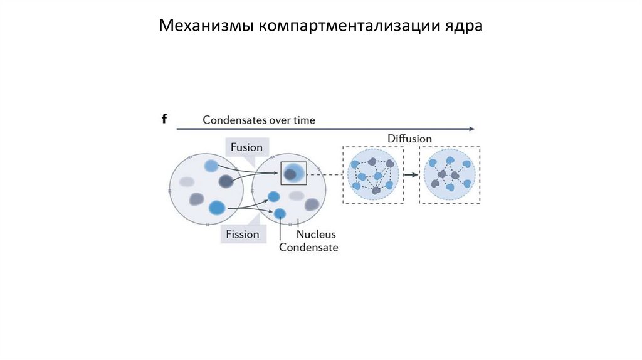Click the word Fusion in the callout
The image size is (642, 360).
point(246,147)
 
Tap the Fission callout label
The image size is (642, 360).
point(242,234)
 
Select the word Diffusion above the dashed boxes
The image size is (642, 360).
point(409,138)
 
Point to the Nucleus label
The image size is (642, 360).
point(316,234)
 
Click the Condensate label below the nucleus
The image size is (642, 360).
point(308,247)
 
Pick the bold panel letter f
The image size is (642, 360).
point(164,119)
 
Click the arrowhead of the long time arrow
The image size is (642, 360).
point(471,129)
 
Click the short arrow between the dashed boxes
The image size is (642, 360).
point(411,175)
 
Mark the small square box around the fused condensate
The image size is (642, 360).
point(293,173)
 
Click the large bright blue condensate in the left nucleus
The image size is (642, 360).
point(217,206)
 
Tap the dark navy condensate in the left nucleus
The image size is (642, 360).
point(226,181)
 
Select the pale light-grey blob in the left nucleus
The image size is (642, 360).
point(186,181)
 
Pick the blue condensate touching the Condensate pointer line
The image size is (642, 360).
point(280,213)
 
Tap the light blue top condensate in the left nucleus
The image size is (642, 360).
point(211,166)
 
